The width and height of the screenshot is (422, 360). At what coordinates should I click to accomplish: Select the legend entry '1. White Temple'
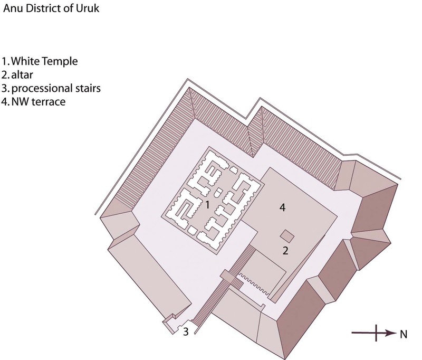point(40,61)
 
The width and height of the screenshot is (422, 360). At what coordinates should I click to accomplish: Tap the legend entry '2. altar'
point(17,75)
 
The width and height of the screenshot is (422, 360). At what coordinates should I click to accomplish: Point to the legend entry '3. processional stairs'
point(51,89)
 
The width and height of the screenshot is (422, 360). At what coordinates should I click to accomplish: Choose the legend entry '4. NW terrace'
point(33,102)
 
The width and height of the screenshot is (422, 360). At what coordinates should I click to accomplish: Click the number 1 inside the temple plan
point(207,205)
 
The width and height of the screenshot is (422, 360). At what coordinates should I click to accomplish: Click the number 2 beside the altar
point(285,251)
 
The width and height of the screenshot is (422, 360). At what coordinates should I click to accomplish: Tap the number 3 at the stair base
point(186,331)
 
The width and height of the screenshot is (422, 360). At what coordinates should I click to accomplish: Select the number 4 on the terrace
point(282,207)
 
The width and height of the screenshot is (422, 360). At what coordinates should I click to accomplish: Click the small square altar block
point(287,236)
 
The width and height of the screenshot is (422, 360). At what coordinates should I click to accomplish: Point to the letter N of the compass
point(404,335)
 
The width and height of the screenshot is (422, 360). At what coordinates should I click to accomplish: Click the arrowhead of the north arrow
point(391,333)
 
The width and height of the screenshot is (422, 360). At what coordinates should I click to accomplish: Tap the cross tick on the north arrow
point(376,333)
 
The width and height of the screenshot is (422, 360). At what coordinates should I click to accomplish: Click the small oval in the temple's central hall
point(218,192)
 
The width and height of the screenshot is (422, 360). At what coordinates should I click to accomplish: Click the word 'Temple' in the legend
point(60,62)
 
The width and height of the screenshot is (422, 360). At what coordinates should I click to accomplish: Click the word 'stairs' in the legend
point(87,89)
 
